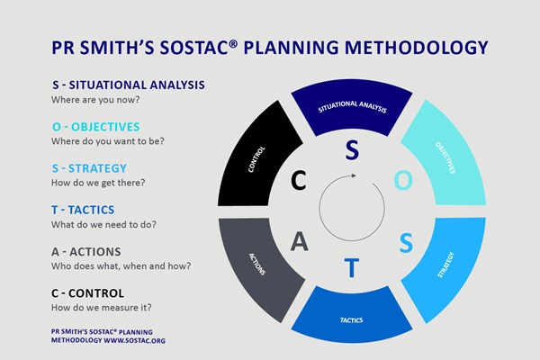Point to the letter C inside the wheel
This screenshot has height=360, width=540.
298,181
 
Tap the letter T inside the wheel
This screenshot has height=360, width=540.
353,268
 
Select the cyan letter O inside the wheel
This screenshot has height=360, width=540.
405,181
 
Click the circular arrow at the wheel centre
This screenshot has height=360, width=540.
352,208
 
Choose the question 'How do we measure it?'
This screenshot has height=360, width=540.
100,308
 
